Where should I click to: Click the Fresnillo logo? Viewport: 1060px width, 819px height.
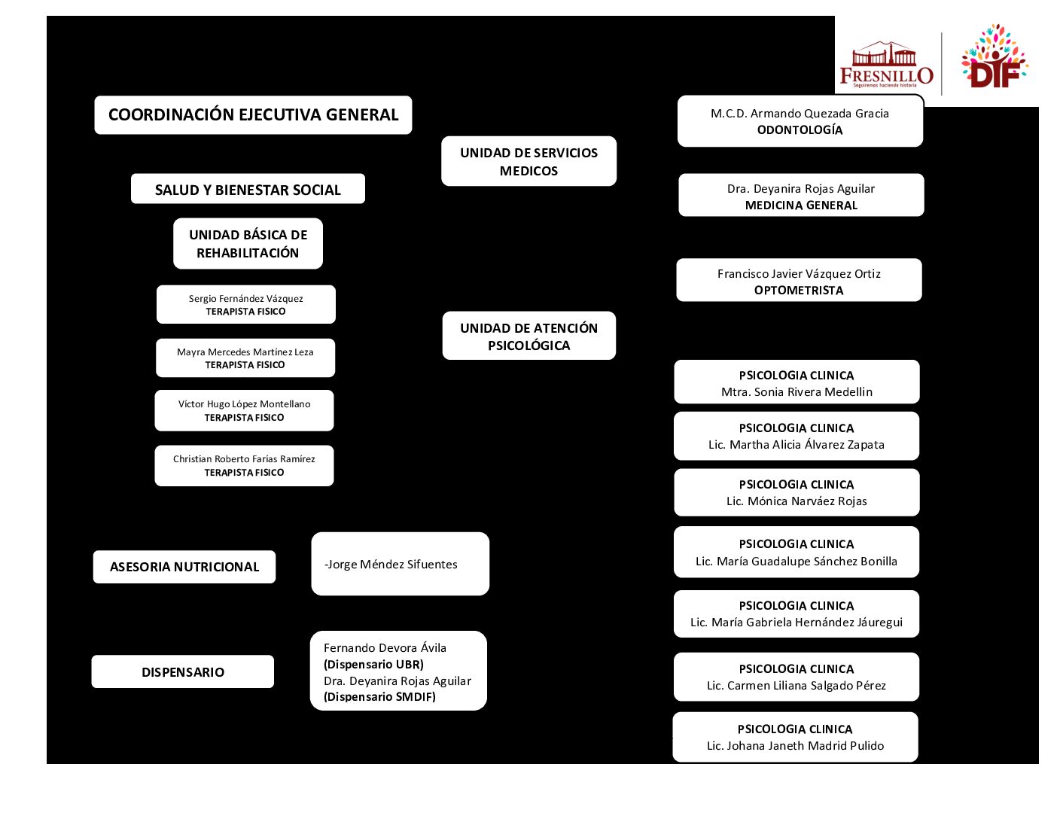coord(886,66)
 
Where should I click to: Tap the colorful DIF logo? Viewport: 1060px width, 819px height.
coord(994,59)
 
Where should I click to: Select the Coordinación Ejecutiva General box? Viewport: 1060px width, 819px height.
coord(253,115)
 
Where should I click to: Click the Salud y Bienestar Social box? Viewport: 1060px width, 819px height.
coord(248,189)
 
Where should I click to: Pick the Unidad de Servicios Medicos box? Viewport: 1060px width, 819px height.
coord(528,161)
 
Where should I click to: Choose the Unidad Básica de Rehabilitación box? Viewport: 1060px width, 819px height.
coord(248,243)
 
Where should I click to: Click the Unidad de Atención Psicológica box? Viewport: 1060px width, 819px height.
coord(528,336)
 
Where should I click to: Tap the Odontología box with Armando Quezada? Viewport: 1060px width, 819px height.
coord(800,121)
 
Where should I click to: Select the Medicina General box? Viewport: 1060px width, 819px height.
coord(801,196)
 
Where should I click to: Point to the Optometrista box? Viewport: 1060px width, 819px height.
coord(799,281)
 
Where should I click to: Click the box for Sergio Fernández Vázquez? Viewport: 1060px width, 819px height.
coord(245,304)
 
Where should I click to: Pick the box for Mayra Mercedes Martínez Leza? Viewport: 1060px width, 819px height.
coord(245,358)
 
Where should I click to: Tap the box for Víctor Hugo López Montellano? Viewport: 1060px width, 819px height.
coord(244,410)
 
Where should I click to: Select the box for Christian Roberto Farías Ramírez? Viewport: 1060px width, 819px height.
coord(244,465)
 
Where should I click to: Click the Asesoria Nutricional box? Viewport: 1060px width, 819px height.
coord(184,567)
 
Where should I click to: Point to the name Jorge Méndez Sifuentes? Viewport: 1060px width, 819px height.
coord(391,565)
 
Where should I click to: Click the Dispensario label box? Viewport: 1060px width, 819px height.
coord(183,671)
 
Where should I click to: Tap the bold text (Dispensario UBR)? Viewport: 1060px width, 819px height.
coord(373,664)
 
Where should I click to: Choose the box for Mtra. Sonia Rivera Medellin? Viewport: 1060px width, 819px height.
coord(797,382)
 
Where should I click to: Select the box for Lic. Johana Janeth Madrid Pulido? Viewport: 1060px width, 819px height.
coord(795,737)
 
